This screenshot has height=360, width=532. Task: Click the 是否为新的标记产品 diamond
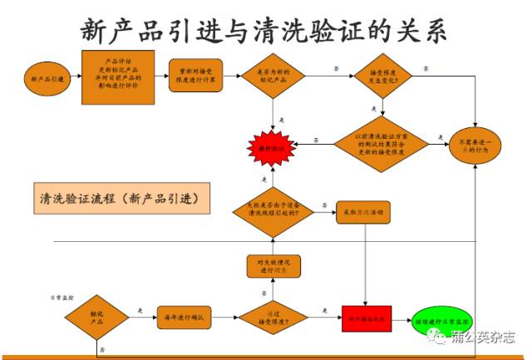[x=275, y=77]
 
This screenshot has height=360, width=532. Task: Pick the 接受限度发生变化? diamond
[x=382, y=77]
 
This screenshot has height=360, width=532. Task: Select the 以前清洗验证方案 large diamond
[x=382, y=143]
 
